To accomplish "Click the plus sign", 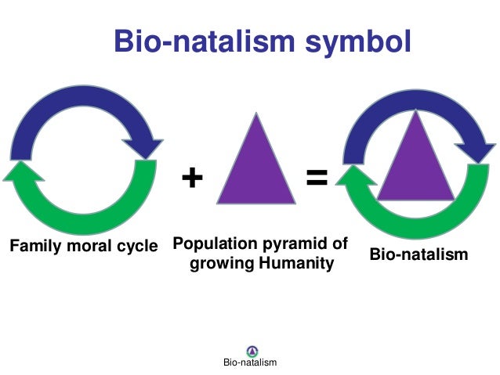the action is click(x=191, y=178).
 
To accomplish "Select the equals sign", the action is click(x=317, y=178).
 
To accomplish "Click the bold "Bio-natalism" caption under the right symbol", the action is click(x=420, y=254).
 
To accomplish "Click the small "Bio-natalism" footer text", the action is click(x=250, y=363).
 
